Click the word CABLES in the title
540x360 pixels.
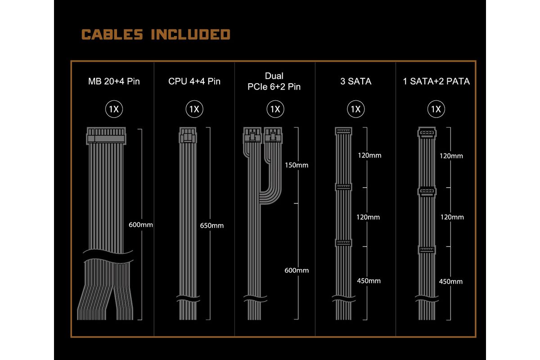112,34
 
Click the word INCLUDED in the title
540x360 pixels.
191,34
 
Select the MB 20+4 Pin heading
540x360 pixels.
114,81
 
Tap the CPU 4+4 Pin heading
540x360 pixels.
194,81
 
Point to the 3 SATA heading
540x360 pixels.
355,81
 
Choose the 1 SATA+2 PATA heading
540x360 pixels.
436,81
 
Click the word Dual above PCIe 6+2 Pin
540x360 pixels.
274,76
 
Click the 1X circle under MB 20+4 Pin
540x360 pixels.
114,109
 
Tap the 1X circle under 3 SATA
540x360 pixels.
355,109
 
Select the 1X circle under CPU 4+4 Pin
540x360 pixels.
194,109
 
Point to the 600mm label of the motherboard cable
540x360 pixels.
141,225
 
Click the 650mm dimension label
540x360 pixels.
211,225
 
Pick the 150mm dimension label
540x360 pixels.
297,165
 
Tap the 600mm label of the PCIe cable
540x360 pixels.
297,270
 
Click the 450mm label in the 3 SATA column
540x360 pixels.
369,281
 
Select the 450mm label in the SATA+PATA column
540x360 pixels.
451,281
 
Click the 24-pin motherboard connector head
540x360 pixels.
106,136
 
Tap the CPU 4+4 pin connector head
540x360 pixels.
188,135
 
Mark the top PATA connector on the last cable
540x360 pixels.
427,133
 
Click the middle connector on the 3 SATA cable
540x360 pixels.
343,187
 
